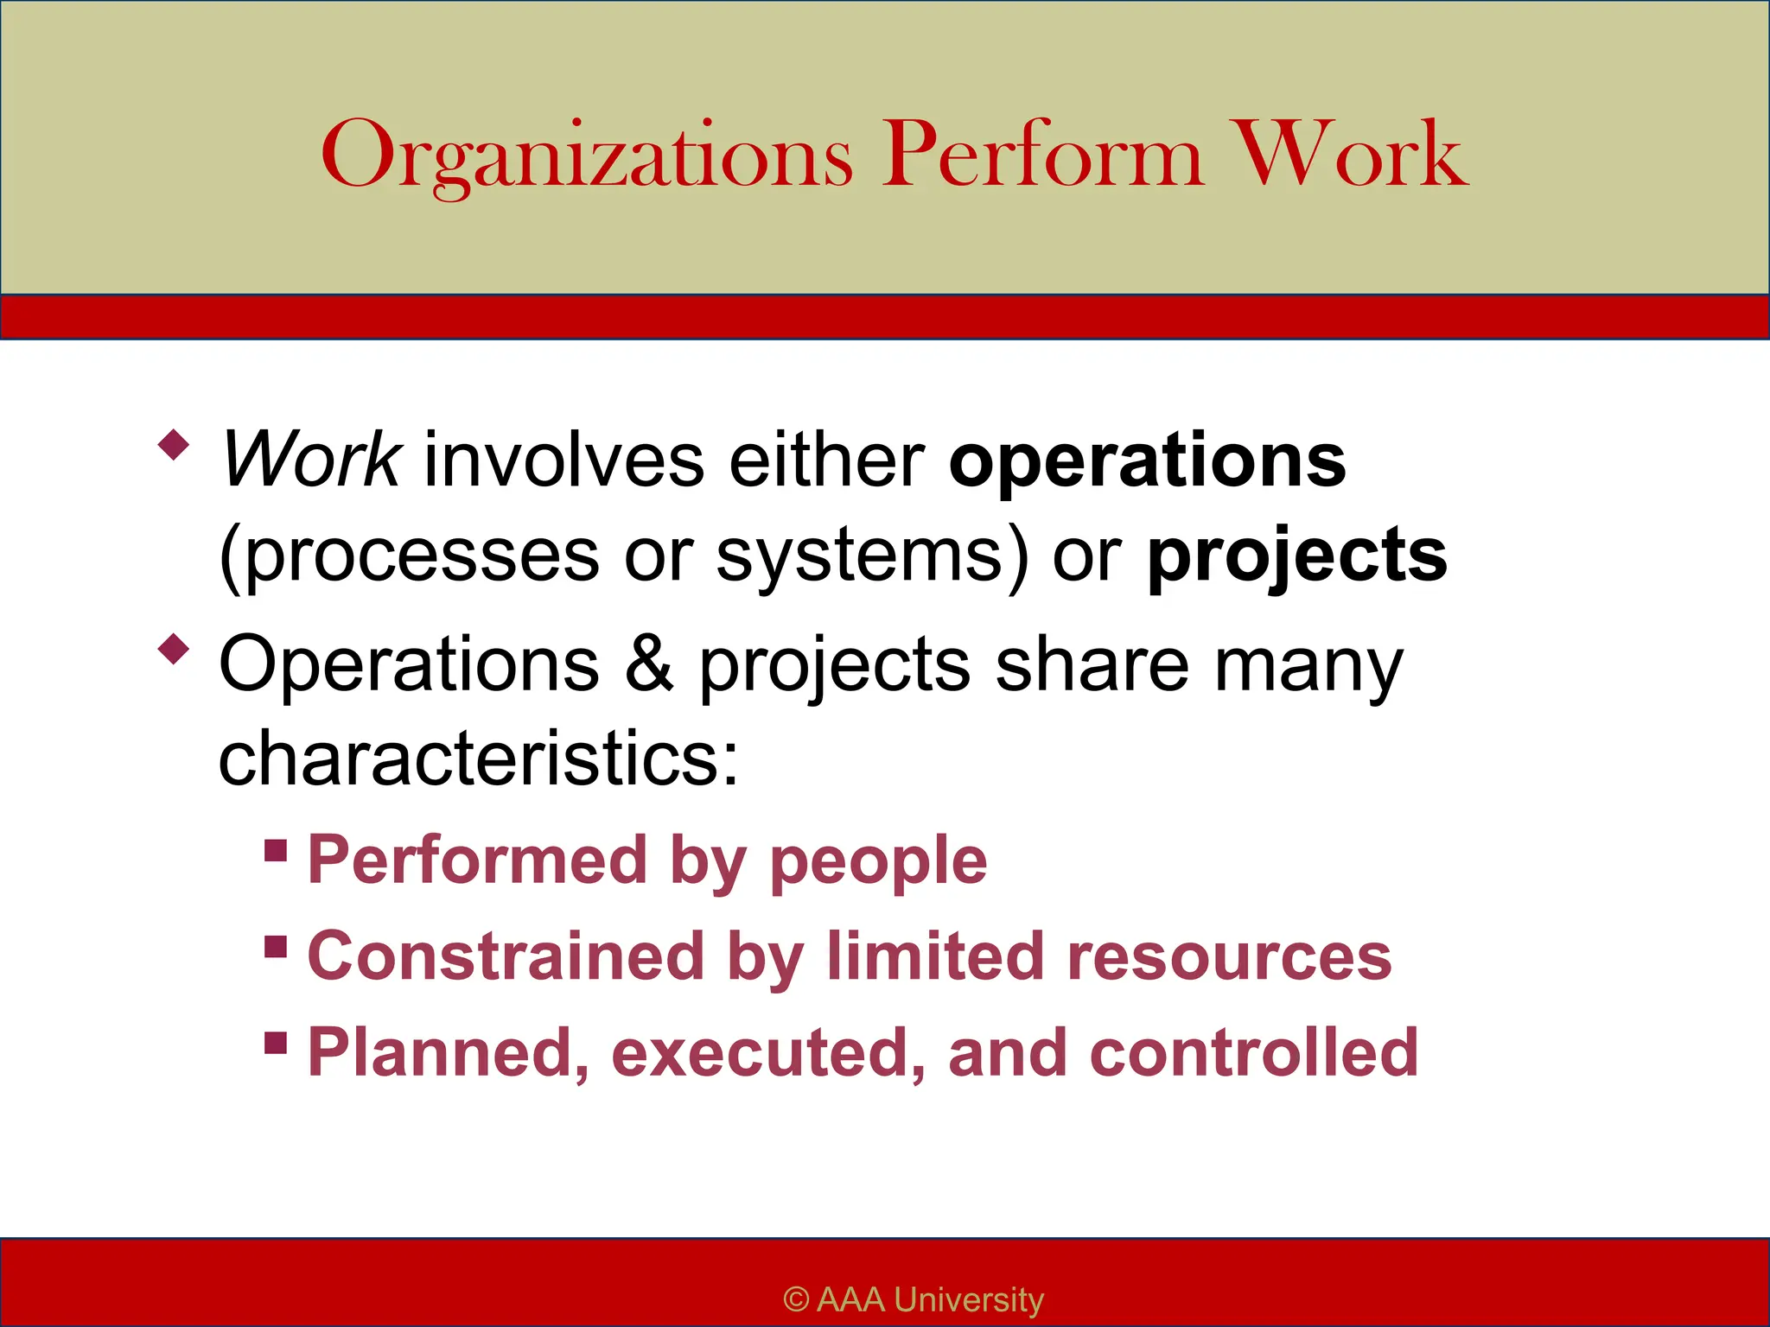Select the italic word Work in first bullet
309,460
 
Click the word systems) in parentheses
873,556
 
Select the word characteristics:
479,758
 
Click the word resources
1229,957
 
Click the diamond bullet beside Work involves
174,445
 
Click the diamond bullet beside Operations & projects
174,649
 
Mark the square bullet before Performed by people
276,850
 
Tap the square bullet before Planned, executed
276,1042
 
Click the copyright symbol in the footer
796,1299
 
